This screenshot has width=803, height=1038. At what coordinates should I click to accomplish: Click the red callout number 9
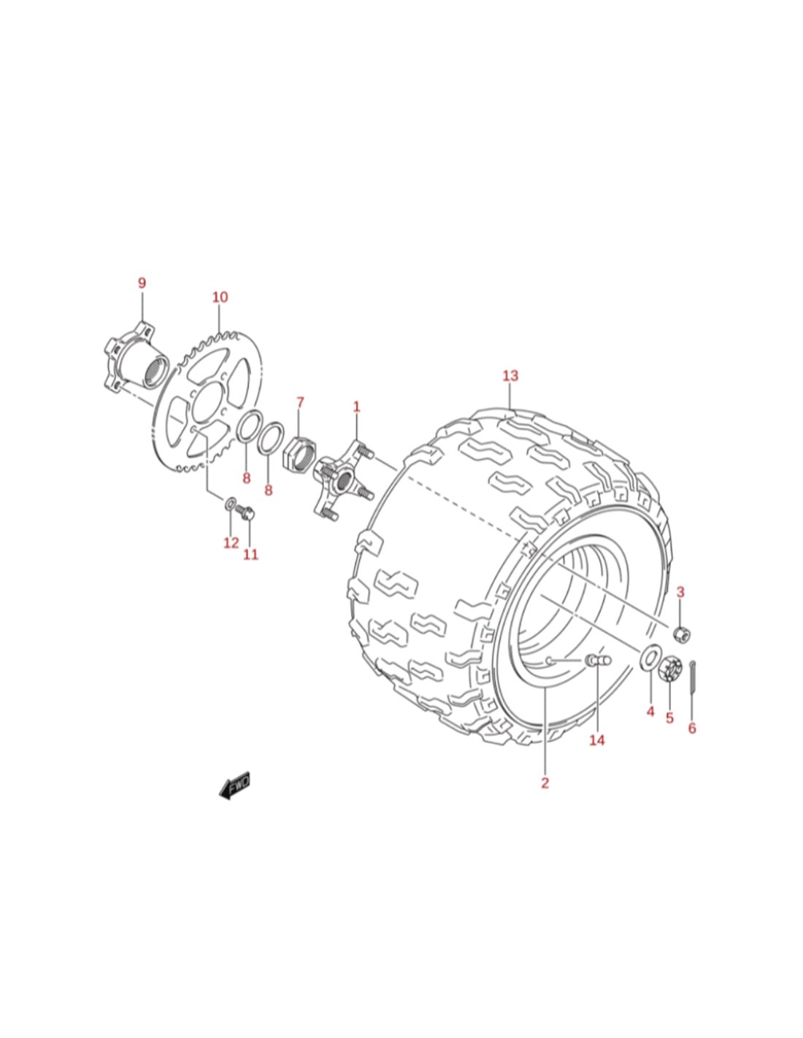142,282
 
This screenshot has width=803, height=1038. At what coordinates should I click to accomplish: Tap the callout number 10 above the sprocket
220,297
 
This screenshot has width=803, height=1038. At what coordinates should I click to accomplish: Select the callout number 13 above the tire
510,375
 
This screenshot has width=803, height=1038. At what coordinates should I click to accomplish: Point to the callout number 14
596,740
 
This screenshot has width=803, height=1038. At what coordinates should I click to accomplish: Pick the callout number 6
692,728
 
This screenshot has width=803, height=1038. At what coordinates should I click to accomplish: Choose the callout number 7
299,403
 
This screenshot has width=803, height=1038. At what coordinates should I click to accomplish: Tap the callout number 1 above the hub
356,407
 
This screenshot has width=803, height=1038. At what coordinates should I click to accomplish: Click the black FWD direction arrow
234,785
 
